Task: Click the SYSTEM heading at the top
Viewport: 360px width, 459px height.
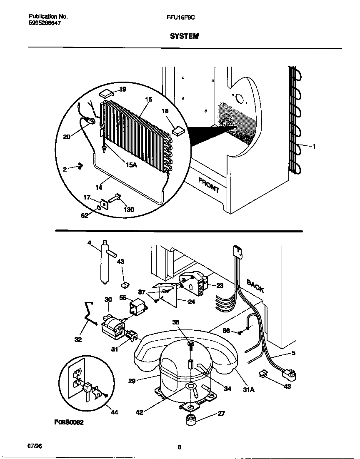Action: pyautogui.click(x=184, y=36)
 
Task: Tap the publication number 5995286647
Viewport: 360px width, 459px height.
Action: pyautogui.click(x=45, y=24)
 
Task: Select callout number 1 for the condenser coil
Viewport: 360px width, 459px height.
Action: pyautogui.click(x=314, y=146)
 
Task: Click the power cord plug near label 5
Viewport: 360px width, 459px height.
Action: pyautogui.click(x=290, y=374)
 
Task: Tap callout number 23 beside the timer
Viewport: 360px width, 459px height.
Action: pyautogui.click(x=220, y=285)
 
